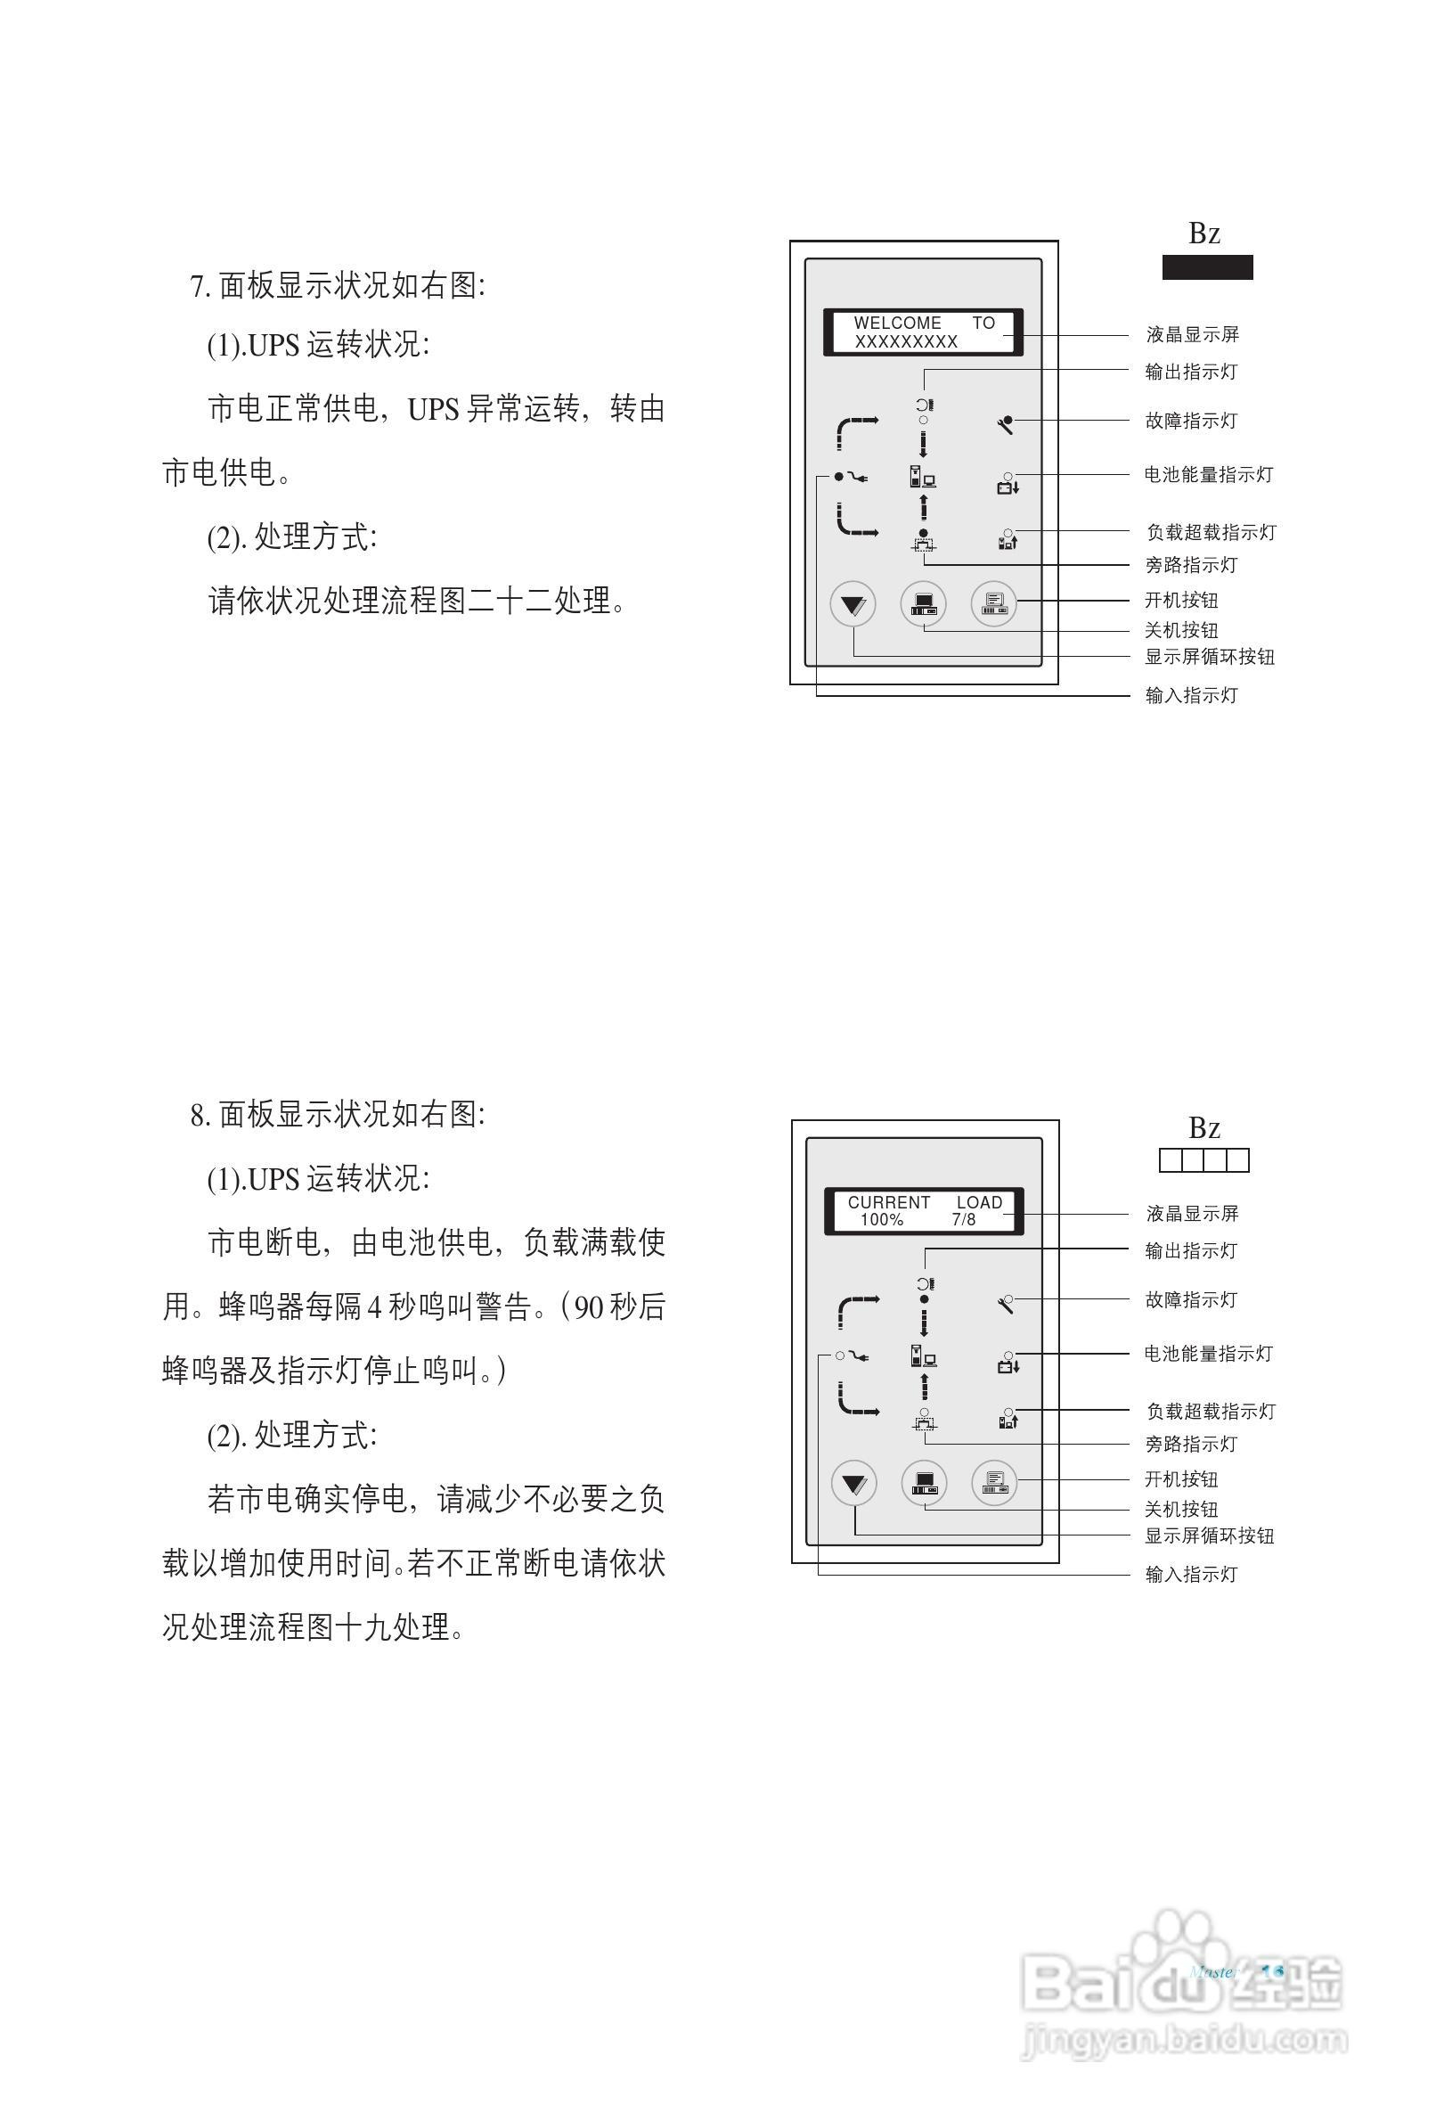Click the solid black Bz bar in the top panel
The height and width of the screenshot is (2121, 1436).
click(x=1206, y=267)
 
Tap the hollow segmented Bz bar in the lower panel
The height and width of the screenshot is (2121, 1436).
click(x=1203, y=1160)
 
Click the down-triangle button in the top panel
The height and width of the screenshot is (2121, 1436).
click(x=853, y=604)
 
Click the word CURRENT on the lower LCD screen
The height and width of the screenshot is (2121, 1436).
click(x=889, y=1202)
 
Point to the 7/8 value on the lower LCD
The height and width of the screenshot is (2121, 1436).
click(x=962, y=1219)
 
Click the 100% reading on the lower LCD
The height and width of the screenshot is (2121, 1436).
click(x=880, y=1219)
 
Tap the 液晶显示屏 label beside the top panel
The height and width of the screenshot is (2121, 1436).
click(x=1193, y=335)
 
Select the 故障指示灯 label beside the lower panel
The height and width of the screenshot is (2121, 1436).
click(x=1191, y=1299)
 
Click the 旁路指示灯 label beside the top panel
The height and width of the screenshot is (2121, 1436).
click(x=1191, y=565)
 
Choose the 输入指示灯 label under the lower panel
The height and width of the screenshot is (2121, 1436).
click(x=1191, y=1575)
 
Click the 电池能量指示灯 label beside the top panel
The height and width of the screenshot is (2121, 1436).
click(x=1208, y=475)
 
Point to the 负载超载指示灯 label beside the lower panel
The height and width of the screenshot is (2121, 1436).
click(x=1211, y=1411)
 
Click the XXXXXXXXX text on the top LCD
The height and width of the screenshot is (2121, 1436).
click(x=905, y=342)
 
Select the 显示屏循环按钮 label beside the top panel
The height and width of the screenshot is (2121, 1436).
click(x=1210, y=656)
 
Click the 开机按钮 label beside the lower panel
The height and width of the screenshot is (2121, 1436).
click(x=1180, y=1478)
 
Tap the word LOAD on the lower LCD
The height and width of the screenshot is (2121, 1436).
click(x=979, y=1202)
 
